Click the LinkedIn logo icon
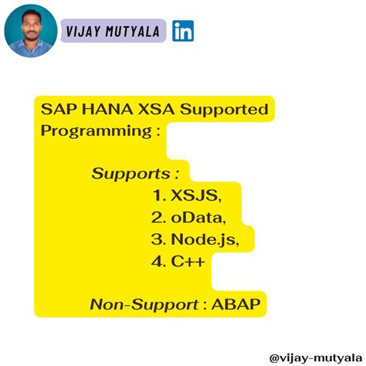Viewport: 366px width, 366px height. coord(183,31)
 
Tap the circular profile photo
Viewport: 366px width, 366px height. coord(30,31)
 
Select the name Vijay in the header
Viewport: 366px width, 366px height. coord(84,31)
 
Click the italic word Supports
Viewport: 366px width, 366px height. coord(130,173)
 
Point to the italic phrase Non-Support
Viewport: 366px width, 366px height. coord(144,304)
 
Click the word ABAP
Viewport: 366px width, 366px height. coord(239,304)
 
